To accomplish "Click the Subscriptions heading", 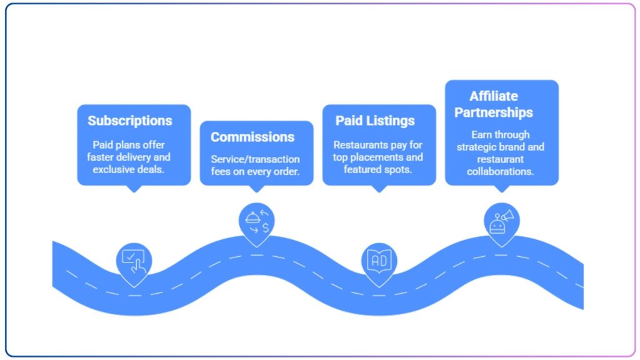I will (x=129, y=121).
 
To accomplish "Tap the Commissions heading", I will (x=252, y=137).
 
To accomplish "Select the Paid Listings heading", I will (x=375, y=121).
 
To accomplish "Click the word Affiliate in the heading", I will (x=494, y=96).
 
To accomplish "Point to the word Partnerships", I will (x=494, y=112).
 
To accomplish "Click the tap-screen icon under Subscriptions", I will (x=134, y=261).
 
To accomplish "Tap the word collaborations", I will (x=501, y=171).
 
